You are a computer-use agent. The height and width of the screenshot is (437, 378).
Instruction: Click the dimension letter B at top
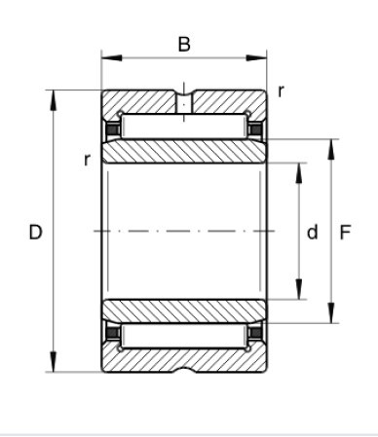point(184,45)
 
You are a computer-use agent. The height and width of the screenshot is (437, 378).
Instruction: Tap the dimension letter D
point(35,233)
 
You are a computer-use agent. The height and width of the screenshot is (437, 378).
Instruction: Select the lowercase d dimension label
point(313,233)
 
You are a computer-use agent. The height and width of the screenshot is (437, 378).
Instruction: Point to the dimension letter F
point(345,233)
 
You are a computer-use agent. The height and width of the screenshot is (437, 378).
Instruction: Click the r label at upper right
point(281,91)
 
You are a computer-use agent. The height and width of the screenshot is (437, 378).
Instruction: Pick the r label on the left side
point(87,160)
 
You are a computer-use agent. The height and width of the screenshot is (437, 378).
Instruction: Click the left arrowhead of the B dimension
point(112,58)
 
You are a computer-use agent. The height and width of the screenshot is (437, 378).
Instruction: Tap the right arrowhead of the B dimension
point(256,58)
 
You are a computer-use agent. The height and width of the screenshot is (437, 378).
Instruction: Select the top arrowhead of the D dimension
point(54,100)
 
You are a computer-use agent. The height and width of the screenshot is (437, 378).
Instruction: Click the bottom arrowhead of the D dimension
point(54,361)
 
